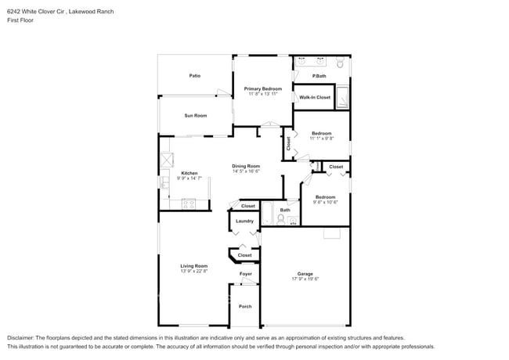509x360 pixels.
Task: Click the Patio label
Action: point(194,76)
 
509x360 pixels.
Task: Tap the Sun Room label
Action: point(195,116)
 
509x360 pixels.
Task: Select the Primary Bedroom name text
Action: point(262,88)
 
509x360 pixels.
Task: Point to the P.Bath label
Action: point(319,76)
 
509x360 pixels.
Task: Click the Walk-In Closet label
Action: point(315,97)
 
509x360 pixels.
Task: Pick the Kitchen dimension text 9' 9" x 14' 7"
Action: point(189,178)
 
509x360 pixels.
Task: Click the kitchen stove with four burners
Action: point(189,203)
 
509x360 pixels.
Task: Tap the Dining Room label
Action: point(246,166)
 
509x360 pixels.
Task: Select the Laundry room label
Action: point(244,221)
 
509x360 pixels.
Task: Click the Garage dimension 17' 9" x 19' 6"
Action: point(305,279)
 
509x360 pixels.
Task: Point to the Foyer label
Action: point(246,274)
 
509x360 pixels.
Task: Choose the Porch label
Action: point(245,306)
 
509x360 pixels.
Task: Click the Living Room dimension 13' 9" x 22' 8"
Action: point(194,271)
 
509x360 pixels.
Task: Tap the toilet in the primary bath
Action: point(339,63)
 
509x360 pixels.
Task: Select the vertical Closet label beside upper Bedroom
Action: point(288,143)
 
